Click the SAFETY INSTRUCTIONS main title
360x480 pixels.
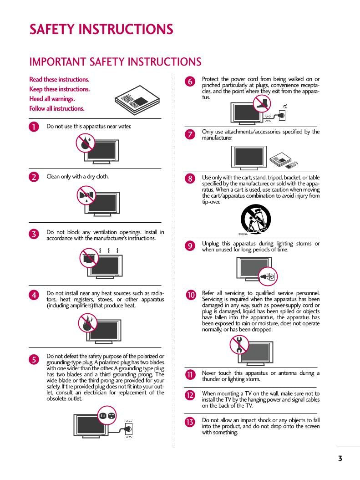click(x=101, y=29)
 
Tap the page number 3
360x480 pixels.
click(x=340, y=458)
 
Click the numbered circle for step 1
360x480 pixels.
click(x=34, y=127)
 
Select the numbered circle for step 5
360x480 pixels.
click(x=34, y=359)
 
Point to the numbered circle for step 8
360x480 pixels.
click(x=190, y=179)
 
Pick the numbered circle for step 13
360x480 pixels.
click(x=190, y=422)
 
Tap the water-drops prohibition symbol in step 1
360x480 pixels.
click(x=85, y=143)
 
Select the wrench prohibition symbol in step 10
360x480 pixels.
click(x=239, y=344)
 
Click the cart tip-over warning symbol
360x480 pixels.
click(x=255, y=219)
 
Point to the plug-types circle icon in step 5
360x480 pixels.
click(x=107, y=415)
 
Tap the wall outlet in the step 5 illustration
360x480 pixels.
click(x=129, y=429)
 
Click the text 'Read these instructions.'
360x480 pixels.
click(x=59, y=79)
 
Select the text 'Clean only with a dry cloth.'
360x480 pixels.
click(x=78, y=176)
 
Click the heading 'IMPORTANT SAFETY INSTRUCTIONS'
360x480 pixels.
click(x=115, y=61)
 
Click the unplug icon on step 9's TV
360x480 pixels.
click(x=268, y=276)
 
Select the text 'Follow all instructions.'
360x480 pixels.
click(x=57, y=108)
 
